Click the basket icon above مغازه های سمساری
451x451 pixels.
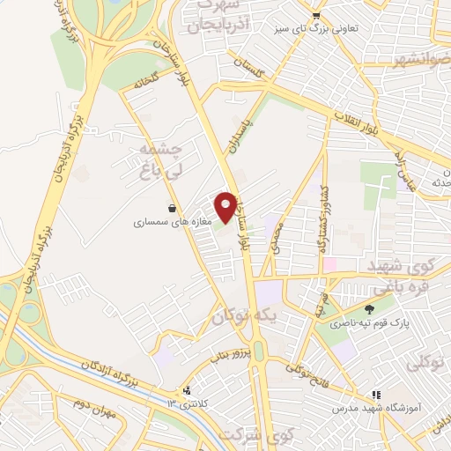click(x=172, y=209)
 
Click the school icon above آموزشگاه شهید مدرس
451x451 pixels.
click(x=375, y=396)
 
